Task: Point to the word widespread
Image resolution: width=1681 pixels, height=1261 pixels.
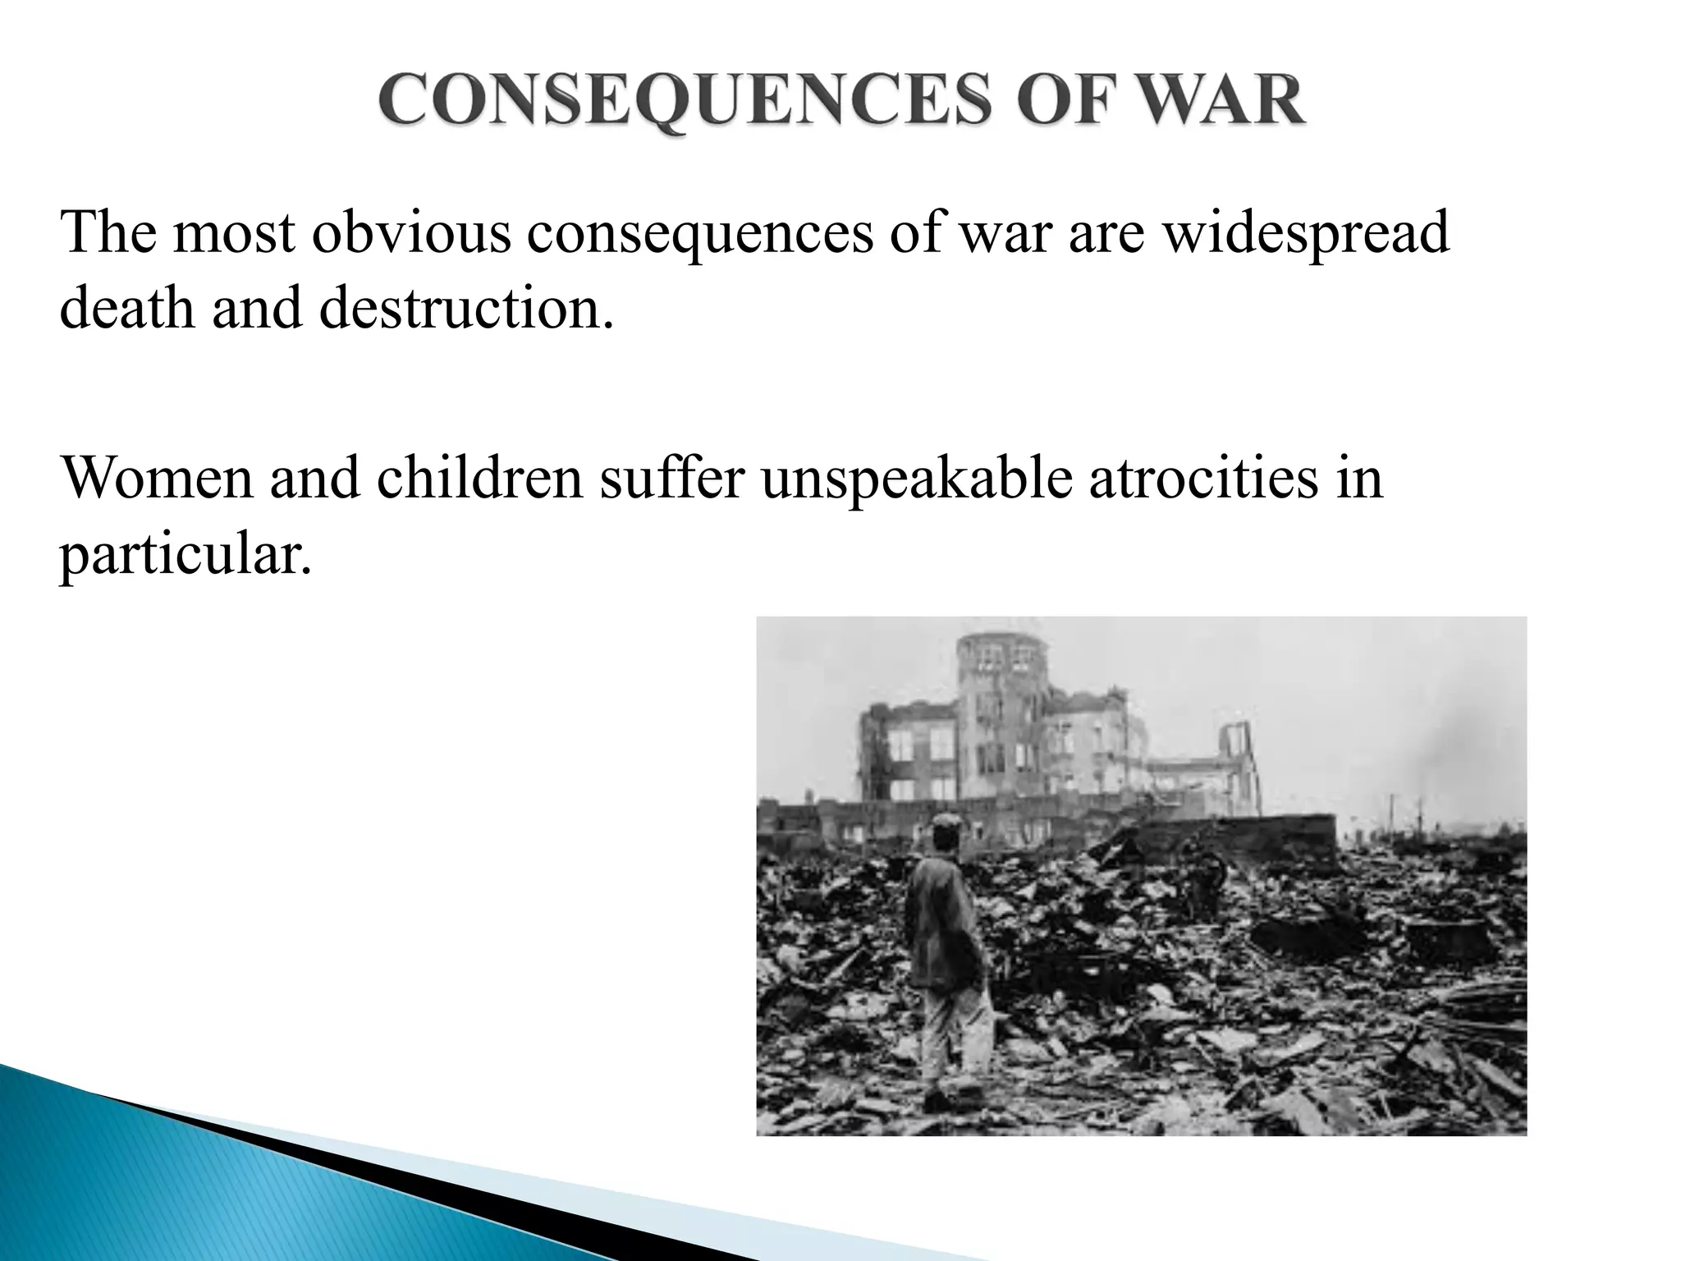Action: click(x=1306, y=234)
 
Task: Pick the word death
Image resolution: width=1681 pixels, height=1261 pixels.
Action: click(x=127, y=310)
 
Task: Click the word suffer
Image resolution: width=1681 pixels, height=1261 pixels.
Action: click(x=671, y=479)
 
